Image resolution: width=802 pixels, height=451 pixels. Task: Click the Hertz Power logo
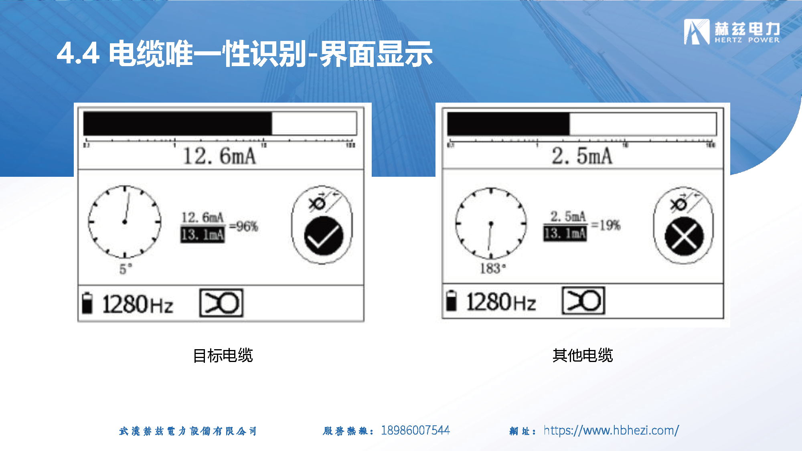732,31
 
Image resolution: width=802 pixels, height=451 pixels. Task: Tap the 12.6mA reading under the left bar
219,156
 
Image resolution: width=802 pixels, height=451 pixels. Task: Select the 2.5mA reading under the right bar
582,156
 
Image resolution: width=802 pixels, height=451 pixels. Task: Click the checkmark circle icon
324,236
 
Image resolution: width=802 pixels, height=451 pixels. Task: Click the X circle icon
684,236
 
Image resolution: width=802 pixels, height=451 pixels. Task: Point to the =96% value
244,227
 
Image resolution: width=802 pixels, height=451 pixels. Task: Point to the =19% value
606,225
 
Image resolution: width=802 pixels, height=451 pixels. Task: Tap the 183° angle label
493,268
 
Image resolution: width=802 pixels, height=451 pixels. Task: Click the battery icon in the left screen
87,303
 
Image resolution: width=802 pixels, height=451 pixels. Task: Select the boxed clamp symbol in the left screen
221,303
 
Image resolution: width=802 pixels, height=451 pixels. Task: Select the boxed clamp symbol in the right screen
583,301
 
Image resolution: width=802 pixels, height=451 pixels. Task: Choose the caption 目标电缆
223,356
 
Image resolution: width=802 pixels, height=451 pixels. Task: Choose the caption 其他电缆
583,355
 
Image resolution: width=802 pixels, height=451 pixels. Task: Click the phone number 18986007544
415,430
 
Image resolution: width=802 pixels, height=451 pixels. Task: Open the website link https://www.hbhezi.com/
611,430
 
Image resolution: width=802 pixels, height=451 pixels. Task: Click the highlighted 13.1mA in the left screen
203,235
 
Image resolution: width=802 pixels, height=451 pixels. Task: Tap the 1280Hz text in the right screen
501,302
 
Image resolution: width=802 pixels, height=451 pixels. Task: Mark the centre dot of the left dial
125,222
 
